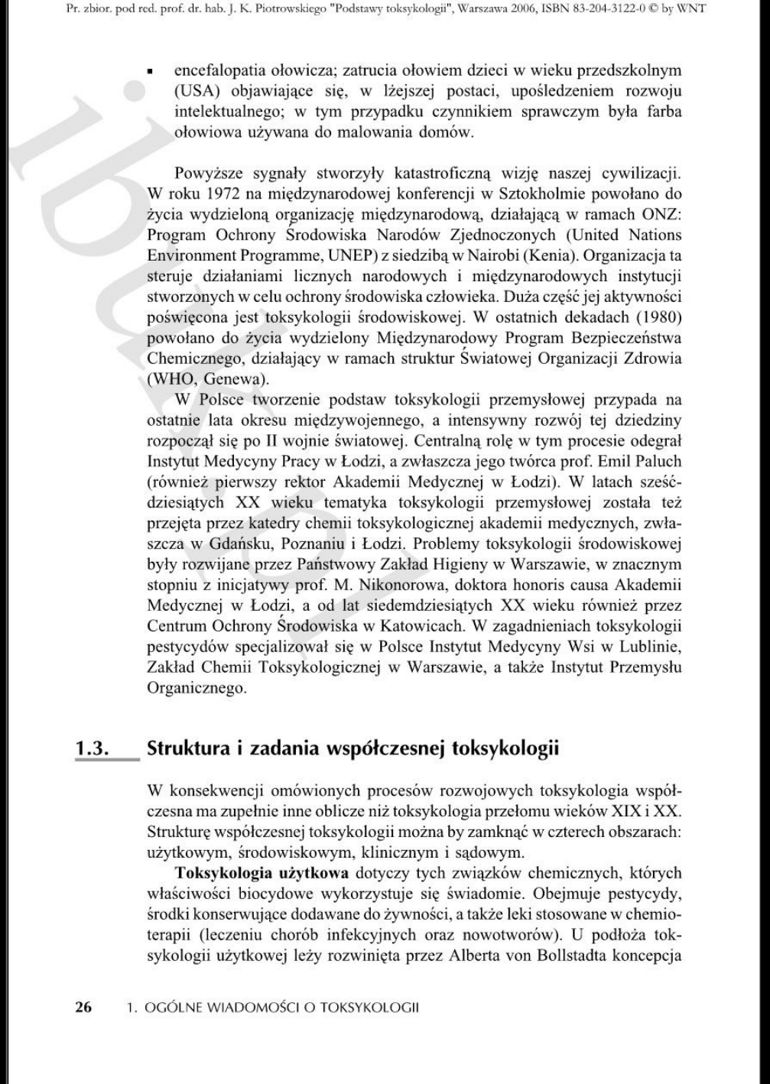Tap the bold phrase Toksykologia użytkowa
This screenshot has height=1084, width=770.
[262, 872]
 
